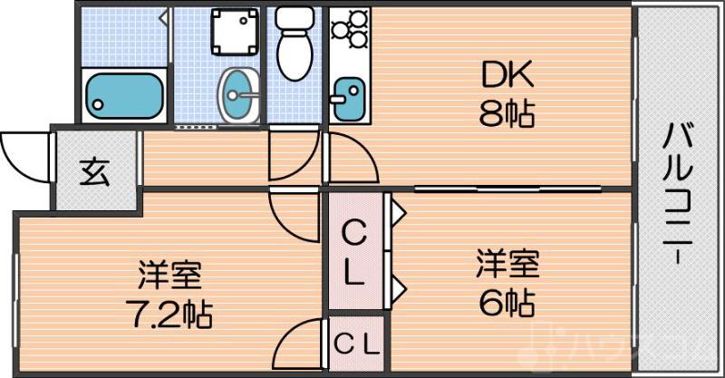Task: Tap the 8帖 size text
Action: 507,115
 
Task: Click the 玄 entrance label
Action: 94,171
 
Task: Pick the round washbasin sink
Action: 238,92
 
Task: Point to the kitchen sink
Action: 347,95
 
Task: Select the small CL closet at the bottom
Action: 357,344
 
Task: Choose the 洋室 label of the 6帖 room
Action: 508,264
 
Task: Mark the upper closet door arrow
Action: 398,215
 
